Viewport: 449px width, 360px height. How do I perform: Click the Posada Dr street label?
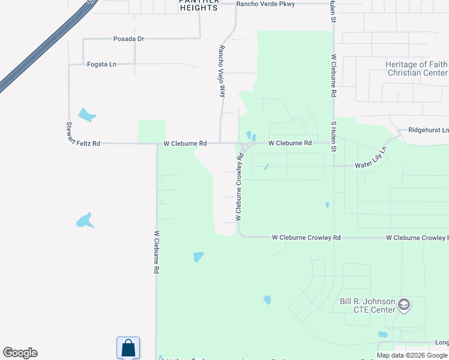[x=129, y=39]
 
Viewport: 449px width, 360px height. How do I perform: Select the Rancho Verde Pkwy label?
[x=265, y=4]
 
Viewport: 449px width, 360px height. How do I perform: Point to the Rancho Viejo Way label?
[x=222, y=71]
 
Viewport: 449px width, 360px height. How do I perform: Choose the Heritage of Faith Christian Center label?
[x=417, y=68]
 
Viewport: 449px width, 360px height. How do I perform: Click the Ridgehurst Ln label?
[x=428, y=130]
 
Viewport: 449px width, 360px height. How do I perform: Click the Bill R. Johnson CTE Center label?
[x=368, y=305]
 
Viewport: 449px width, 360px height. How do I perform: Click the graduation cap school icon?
[x=404, y=305]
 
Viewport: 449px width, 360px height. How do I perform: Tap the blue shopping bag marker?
[x=128, y=347]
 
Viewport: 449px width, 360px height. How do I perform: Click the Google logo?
[x=20, y=353]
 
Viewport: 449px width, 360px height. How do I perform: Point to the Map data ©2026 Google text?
[x=412, y=355]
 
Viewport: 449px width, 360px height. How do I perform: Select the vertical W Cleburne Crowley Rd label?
[x=240, y=187]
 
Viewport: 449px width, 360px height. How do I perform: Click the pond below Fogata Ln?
[x=87, y=114]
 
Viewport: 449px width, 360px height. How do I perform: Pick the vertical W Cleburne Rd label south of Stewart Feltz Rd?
[x=156, y=253]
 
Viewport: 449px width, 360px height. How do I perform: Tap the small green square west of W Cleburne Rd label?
[x=151, y=131]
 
